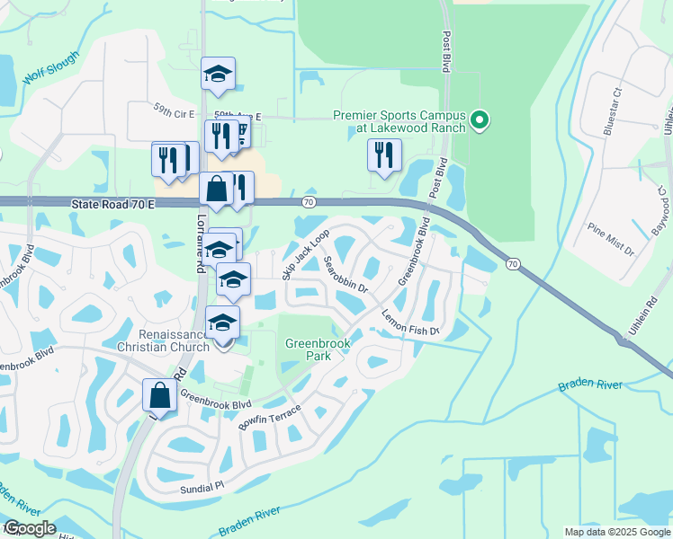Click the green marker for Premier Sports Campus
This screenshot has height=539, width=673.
point(480,120)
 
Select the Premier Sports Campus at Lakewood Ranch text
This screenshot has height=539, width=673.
point(399,121)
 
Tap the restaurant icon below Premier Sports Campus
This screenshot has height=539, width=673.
point(384,155)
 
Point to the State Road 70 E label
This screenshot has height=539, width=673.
point(113,206)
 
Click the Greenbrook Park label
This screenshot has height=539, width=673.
point(309,349)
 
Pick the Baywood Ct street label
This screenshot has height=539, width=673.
point(661,205)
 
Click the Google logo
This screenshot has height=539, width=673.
point(29,528)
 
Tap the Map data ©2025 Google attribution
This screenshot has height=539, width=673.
point(616,532)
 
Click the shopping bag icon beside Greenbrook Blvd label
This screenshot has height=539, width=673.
point(159,394)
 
